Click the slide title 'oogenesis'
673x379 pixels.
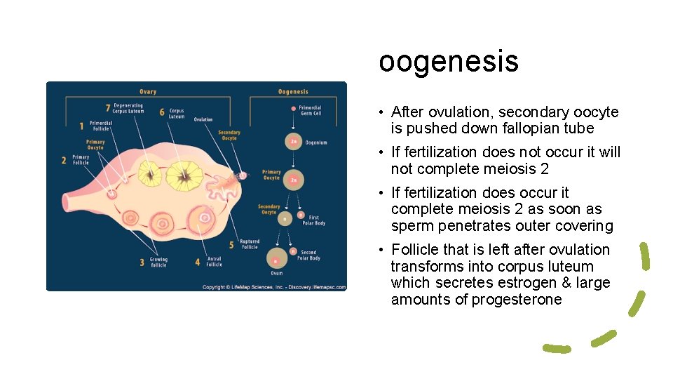(x=449, y=61)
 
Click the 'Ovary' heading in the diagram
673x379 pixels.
(x=148, y=91)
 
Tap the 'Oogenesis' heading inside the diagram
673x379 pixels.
(x=293, y=91)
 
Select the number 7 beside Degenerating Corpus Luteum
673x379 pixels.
(x=107, y=109)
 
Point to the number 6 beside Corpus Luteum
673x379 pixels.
(x=162, y=112)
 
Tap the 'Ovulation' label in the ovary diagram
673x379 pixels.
(x=203, y=119)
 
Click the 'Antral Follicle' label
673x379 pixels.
(x=214, y=262)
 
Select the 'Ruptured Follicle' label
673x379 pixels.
(x=250, y=244)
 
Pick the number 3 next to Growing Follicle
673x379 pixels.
(x=142, y=262)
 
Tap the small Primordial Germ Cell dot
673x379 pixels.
(x=293, y=109)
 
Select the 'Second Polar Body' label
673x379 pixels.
(x=310, y=255)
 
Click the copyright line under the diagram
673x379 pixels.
(x=273, y=287)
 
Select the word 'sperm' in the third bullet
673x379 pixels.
(x=410, y=226)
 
